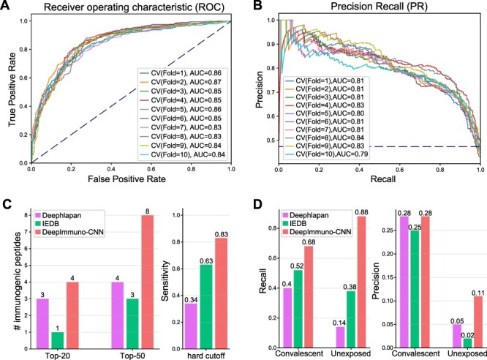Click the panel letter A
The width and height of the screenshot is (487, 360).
pyautogui.click(x=7, y=7)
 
